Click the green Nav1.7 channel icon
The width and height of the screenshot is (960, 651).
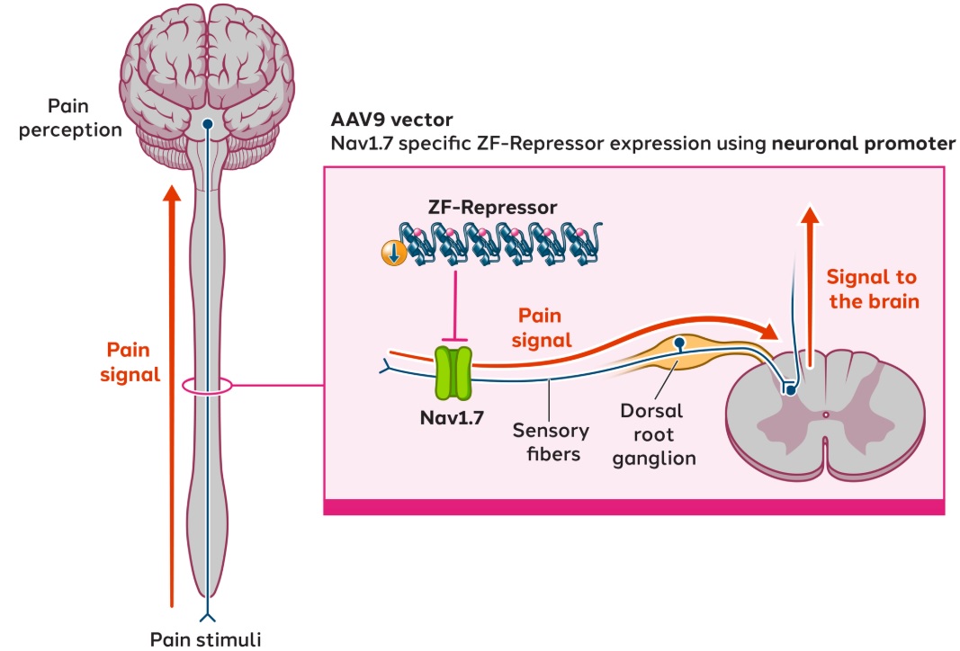pos(455,374)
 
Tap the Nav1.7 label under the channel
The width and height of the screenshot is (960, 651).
pos(453,417)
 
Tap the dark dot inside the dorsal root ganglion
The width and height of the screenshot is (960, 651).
pos(681,343)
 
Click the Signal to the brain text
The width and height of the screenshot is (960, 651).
pos(873,290)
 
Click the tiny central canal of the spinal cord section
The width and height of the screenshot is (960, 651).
pos(826,415)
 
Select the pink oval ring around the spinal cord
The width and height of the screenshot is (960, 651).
pos(207,387)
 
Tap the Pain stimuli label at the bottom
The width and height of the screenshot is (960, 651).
pos(206,639)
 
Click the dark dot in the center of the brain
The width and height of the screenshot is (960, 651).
pos(207,125)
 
